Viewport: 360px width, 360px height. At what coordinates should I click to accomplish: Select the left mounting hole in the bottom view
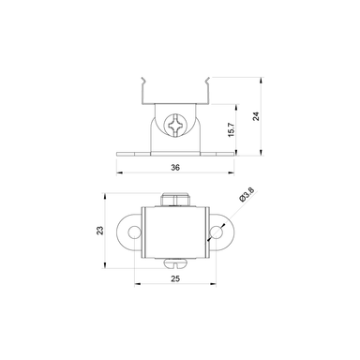[x=133, y=232]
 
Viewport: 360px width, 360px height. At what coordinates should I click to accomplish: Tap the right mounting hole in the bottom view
[x=218, y=232]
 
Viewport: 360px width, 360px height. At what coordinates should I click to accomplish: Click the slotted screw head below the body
[x=175, y=265]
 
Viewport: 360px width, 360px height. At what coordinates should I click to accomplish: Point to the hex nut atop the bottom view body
[x=175, y=198]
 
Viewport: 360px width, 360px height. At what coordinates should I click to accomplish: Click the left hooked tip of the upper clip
[x=138, y=82]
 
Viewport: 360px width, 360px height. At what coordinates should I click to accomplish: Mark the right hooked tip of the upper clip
[x=213, y=82]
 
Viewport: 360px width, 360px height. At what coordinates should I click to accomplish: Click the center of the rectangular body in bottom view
[x=175, y=232]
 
